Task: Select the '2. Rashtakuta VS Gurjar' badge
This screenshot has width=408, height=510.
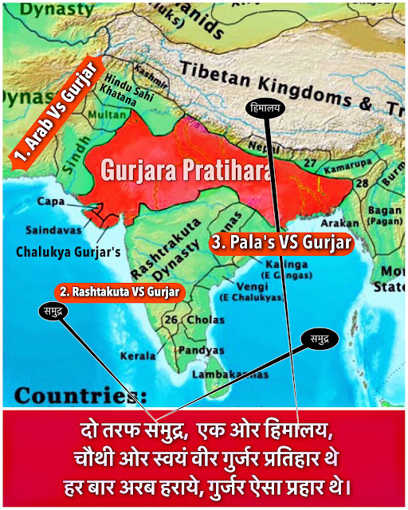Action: point(120,292)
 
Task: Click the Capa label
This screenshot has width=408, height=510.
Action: point(54,201)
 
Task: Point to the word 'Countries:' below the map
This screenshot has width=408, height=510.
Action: point(80,395)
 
